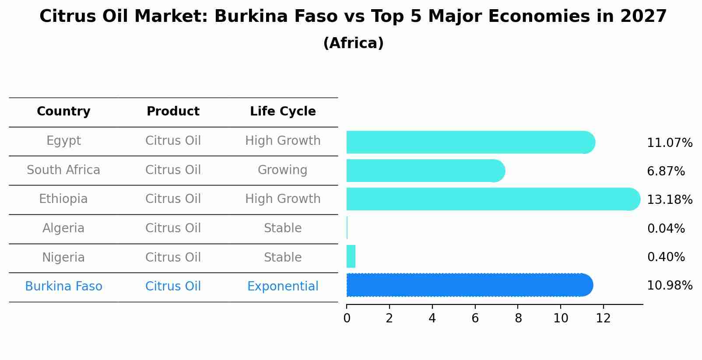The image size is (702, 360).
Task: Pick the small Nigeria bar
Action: pyautogui.click(x=351, y=256)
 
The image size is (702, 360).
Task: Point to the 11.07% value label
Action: pyautogui.click(x=670, y=143)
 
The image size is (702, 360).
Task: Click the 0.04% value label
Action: pyautogui.click(x=666, y=228)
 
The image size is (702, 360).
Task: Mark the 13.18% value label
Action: pyautogui.click(x=670, y=200)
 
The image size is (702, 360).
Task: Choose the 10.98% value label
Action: pyautogui.click(x=670, y=286)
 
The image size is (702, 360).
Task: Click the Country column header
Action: pyautogui.click(x=63, y=112)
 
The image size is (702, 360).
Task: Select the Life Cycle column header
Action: pyautogui.click(x=283, y=112)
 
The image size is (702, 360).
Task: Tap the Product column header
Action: pyautogui.click(x=173, y=112)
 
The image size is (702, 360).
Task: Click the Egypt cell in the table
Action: pyautogui.click(x=63, y=141)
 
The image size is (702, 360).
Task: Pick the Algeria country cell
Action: pyautogui.click(x=63, y=228)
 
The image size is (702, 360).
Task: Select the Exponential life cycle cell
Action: pyautogui.click(x=283, y=287)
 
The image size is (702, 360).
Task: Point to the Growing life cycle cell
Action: pyautogui.click(x=283, y=170)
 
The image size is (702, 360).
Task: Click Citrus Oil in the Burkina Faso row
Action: pyautogui.click(x=173, y=287)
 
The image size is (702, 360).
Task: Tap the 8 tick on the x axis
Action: pyautogui.click(x=518, y=318)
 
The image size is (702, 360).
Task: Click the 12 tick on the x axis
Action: pyautogui.click(x=604, y=318)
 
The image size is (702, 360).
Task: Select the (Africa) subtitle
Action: pyautogui.click(x=353, y=43)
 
